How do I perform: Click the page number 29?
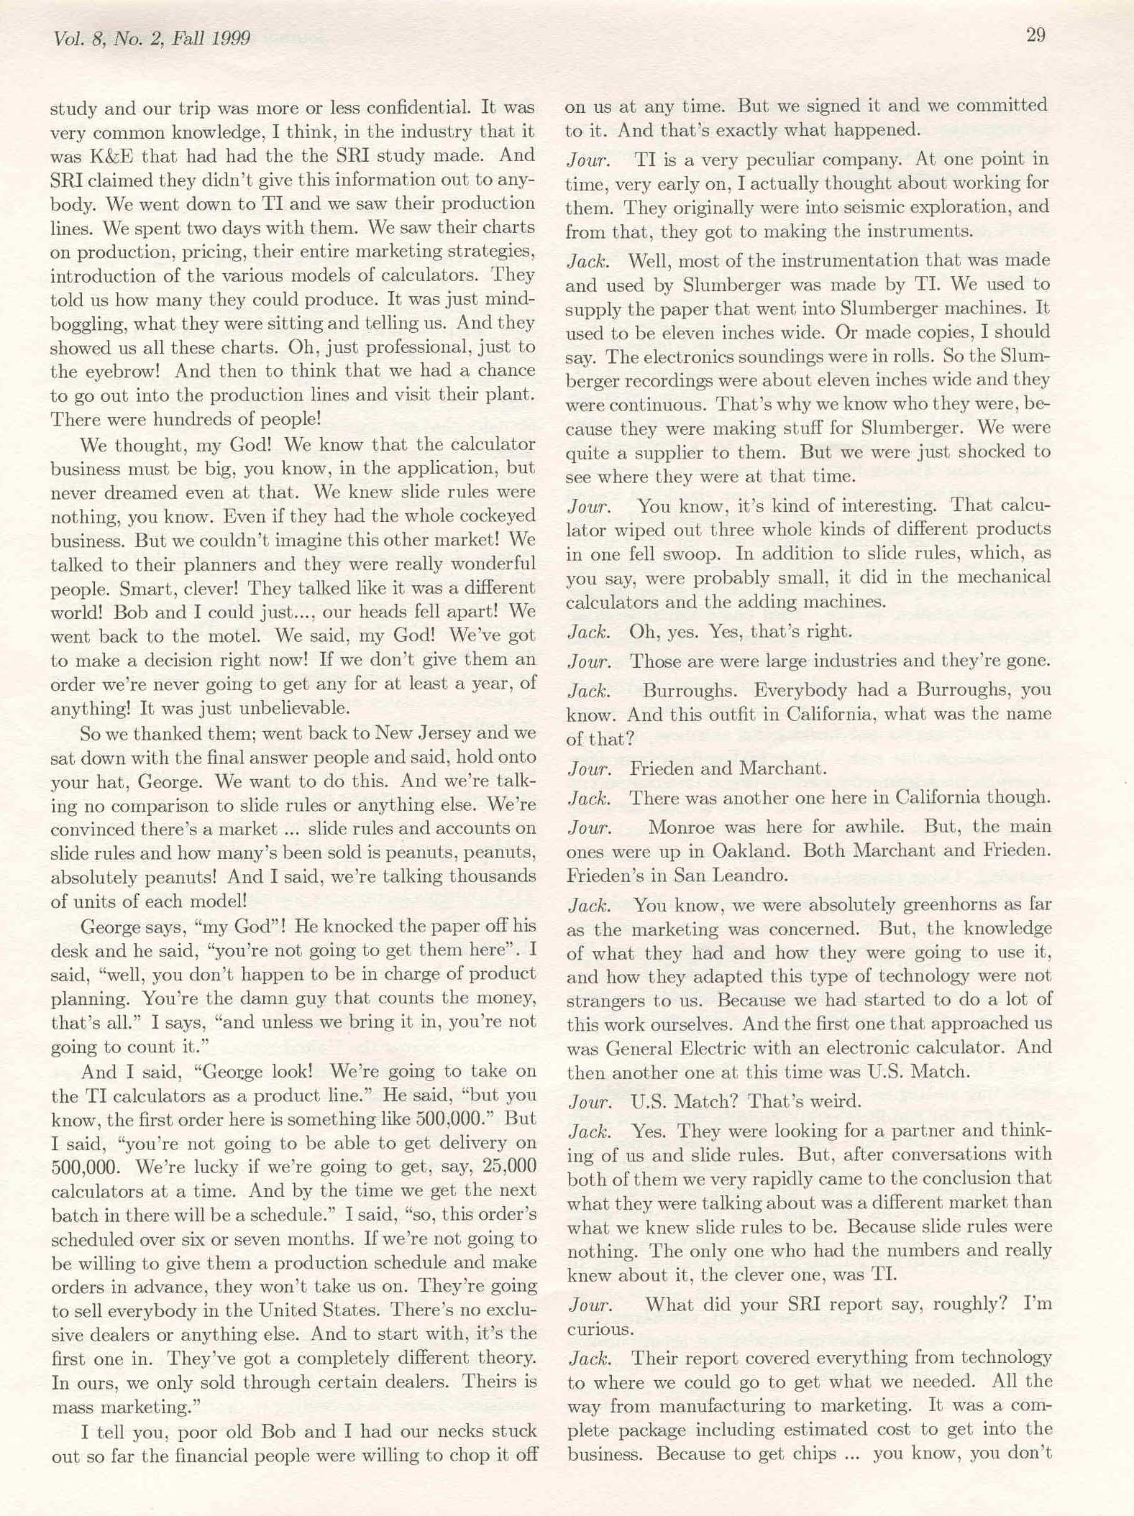pos(1035,35)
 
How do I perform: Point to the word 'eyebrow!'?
pos(118,372)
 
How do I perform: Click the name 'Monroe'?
pos(681,827)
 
